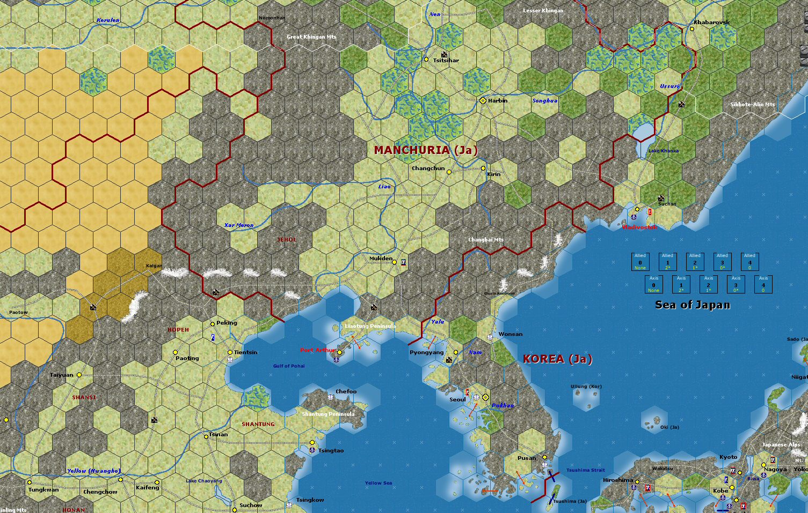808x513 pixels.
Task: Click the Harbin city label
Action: click(497, 100)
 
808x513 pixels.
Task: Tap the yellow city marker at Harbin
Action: click(483, 100)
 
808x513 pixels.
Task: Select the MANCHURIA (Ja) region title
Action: click(425, 150)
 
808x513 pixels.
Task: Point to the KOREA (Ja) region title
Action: click(557, 359)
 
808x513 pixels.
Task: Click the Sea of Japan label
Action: click(692, 305)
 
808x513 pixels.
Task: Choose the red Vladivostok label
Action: click(639, 227)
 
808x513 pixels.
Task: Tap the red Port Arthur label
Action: click(317, 350)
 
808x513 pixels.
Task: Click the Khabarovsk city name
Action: click(711, 22)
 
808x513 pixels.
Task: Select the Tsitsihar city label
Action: click(446, 61)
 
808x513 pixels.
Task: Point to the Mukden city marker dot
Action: click(394, 262)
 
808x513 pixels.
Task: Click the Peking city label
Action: click(226, 323)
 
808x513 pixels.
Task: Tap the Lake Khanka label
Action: click(663, 151)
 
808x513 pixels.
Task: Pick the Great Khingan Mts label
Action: click(311, 36)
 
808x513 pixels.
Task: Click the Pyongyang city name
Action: click(426, 353)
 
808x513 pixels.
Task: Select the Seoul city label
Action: click(457, 399)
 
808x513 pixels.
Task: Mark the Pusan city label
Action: click(526, 458)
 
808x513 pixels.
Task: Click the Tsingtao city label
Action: click(331, 450)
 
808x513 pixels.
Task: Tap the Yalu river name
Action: click(438, 321)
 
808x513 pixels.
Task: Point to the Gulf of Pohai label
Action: click(289, 366)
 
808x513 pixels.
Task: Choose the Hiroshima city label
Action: click(618, 480)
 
